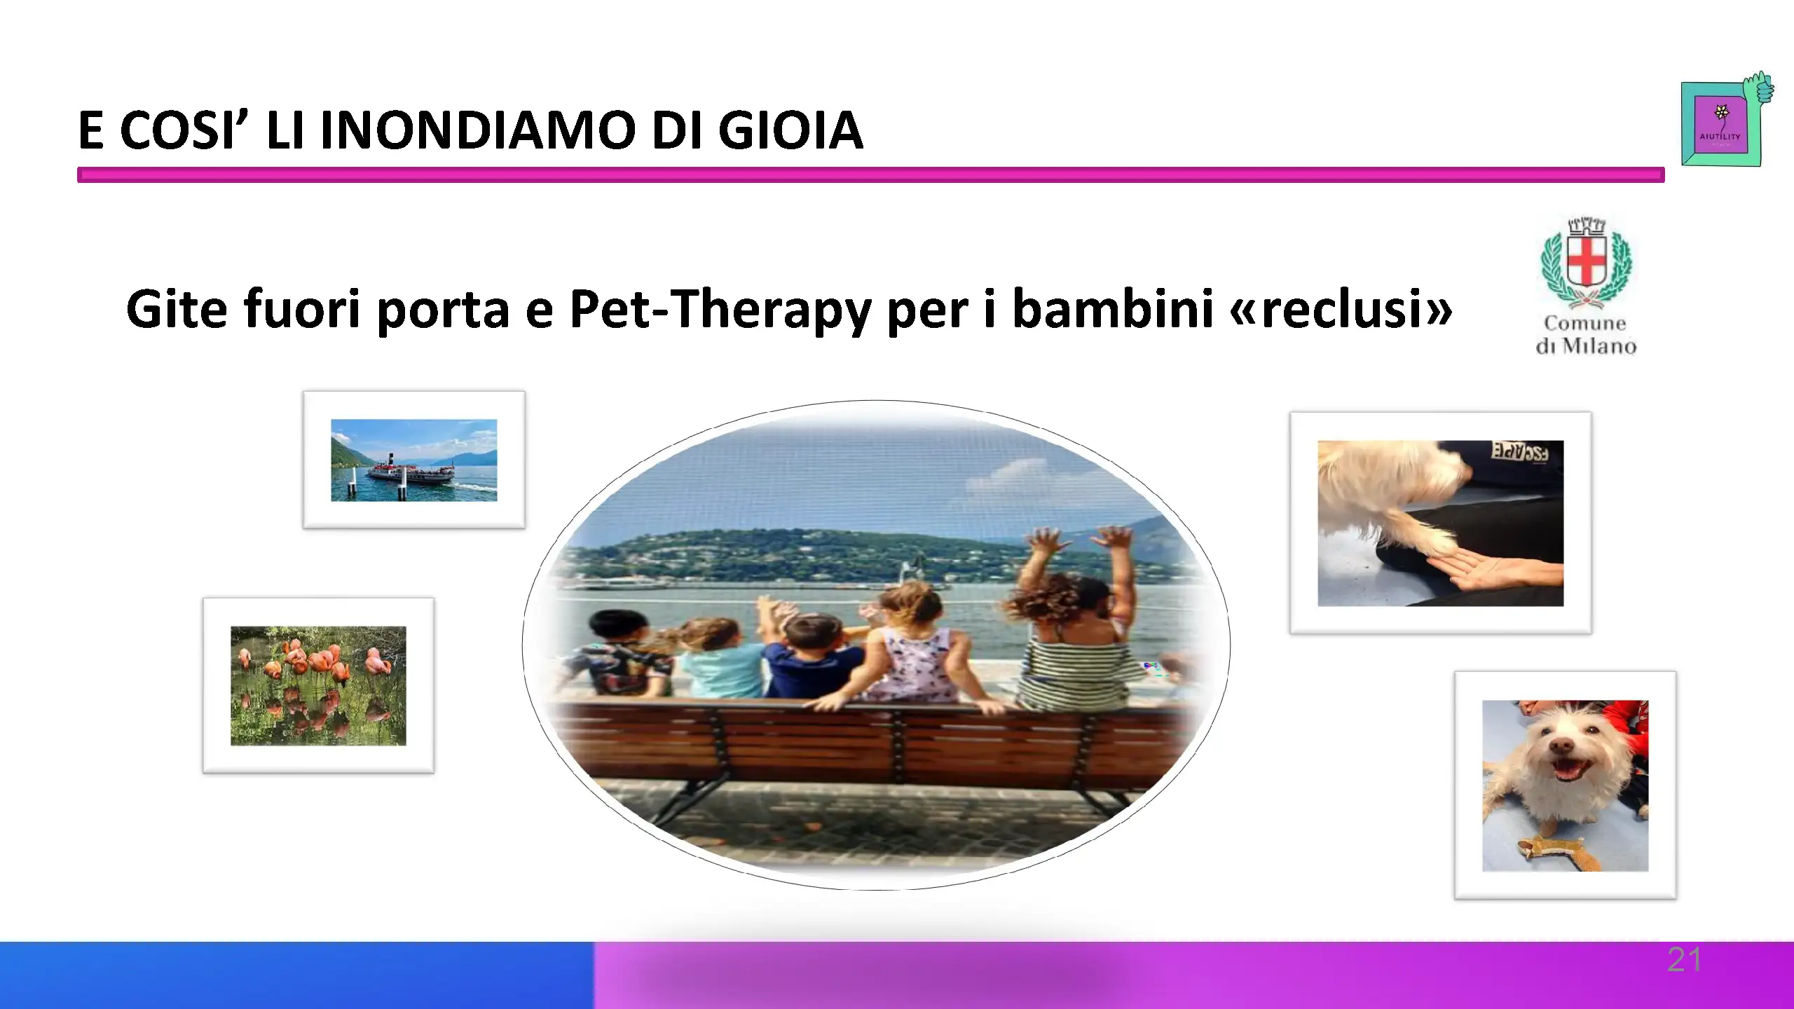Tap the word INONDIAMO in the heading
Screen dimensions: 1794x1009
(x=477, y=130)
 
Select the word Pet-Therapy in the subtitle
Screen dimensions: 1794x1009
(x=720, y=310)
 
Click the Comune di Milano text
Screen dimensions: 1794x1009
(x=1586, y=334)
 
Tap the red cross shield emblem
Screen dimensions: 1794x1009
(x=1586, y=265)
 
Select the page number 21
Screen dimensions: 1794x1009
(x=1684, y=959)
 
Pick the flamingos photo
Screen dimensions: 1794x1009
(x=318, y=685)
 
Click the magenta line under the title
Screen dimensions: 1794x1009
(x=870, y=174)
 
